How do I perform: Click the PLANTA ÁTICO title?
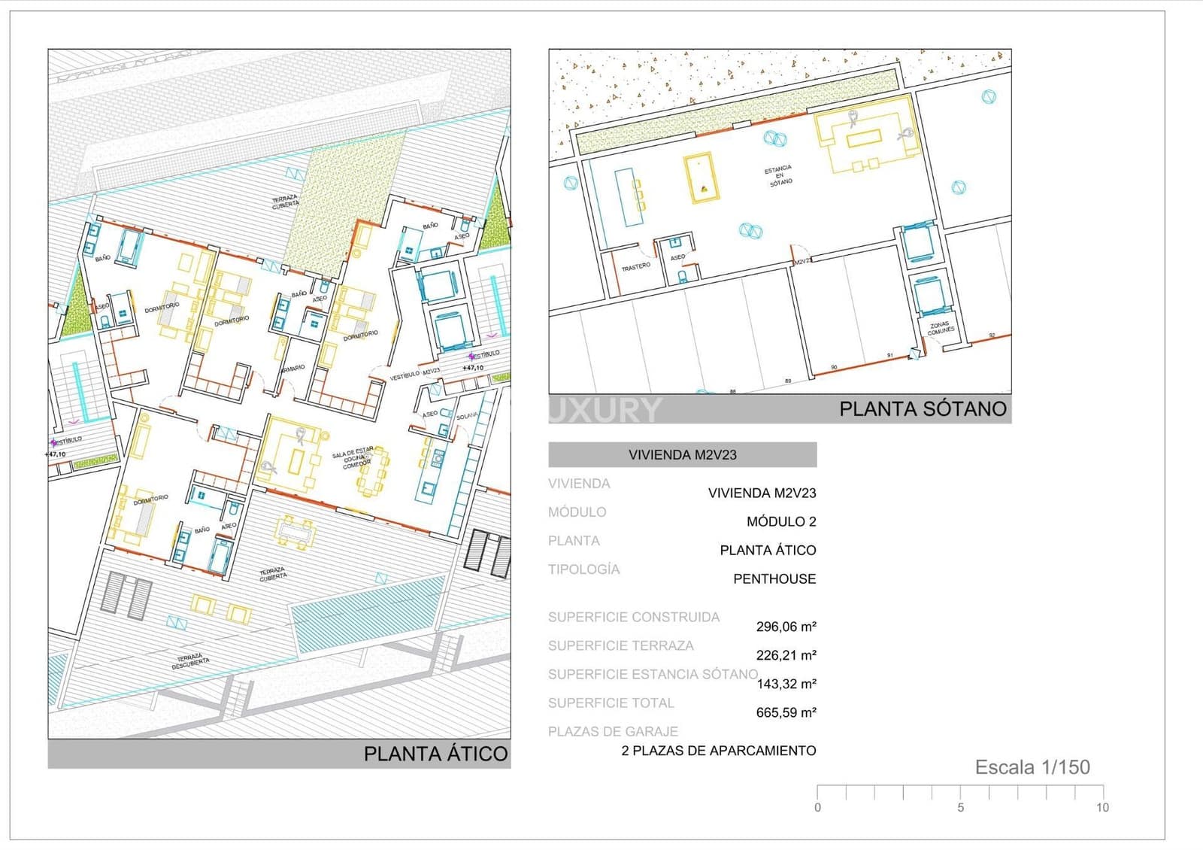[435, 754]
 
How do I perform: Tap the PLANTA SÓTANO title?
[923, 409]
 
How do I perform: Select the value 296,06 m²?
[786, 627]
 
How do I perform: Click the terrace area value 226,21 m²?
[786, 655]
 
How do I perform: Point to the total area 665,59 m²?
[786, 712]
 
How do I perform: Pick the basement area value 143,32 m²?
[786, 684]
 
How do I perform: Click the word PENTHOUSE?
[774, 578]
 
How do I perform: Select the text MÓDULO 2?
[781, 521]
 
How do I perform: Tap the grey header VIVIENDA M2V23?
[682, 454]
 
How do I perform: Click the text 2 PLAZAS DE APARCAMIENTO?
[719, 750]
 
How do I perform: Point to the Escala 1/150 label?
[1032, 767]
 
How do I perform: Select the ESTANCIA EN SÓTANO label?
[779, 176]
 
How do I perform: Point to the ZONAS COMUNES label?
[940, 328]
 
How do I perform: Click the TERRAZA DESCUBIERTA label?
[190, 661]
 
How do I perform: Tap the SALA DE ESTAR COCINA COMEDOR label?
[353, 457]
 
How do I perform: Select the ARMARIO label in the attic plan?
[292, 369]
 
